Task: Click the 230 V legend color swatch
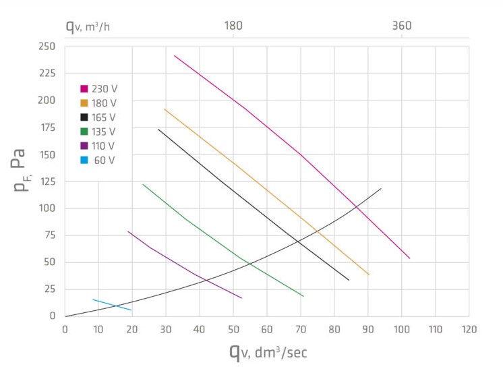pyautogui.click(x=84, y=88)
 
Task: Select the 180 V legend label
pyautogui.click(x=104, y=103)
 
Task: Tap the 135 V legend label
pyautogui.click(x=104, y=131)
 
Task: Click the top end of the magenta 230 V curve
pyautogui.click(x=175, y=55)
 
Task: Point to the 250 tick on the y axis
pyautogui.click(x=47, y=47)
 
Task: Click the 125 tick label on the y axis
pyautogui.click(x=47, y=181)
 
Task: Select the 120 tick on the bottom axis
pyautogui.click(x=469, y=329)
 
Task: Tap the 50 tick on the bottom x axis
pyautogui.click(x=233, y=329)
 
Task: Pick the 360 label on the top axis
pyautogui.click(x=402, y=26)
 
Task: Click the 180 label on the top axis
pyautogui.click(x=233, y=26)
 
